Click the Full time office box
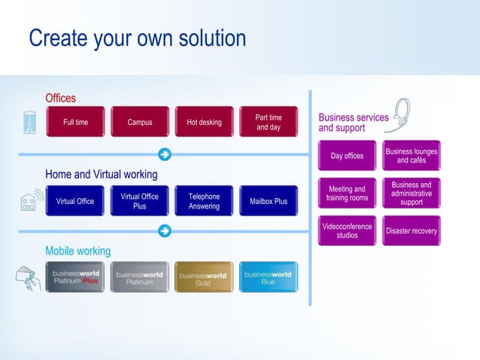pos(75,122)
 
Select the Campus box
pos(140,122)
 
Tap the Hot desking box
pos(204,122)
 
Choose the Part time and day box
pos(269,122)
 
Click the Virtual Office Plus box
pos(140,201)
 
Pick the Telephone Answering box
pos(204,201)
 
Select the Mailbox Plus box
pos(269,201)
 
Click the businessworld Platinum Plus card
pos(75,277)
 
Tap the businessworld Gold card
pos(204,277)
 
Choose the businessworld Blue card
pos(269,277)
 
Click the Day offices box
pos(347,156)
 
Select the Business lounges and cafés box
pos(412,156)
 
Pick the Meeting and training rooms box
pos(347,194)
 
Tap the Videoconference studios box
pos(347,230)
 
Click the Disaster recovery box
pos(412,230)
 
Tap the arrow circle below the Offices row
pos(165,155)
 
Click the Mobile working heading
pos(77,251)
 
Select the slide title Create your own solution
pos(137,38)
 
